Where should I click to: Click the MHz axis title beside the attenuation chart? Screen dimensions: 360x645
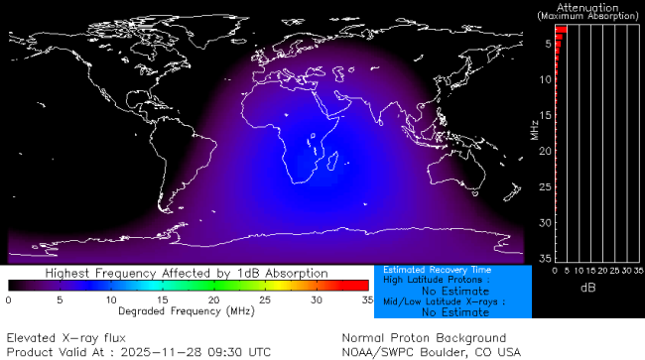[x=535, y=128]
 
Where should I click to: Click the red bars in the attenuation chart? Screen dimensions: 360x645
[x=560, y=35]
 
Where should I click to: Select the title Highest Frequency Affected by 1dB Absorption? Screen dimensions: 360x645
[x=188, y=272]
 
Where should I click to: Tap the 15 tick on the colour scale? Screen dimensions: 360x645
[x=162, y=299]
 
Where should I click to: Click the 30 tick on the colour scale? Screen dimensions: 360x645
[x=316, y=299]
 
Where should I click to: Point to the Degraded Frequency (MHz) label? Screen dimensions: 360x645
[x=188, y=310]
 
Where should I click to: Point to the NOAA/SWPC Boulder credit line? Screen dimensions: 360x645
[x=431, y=351]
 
